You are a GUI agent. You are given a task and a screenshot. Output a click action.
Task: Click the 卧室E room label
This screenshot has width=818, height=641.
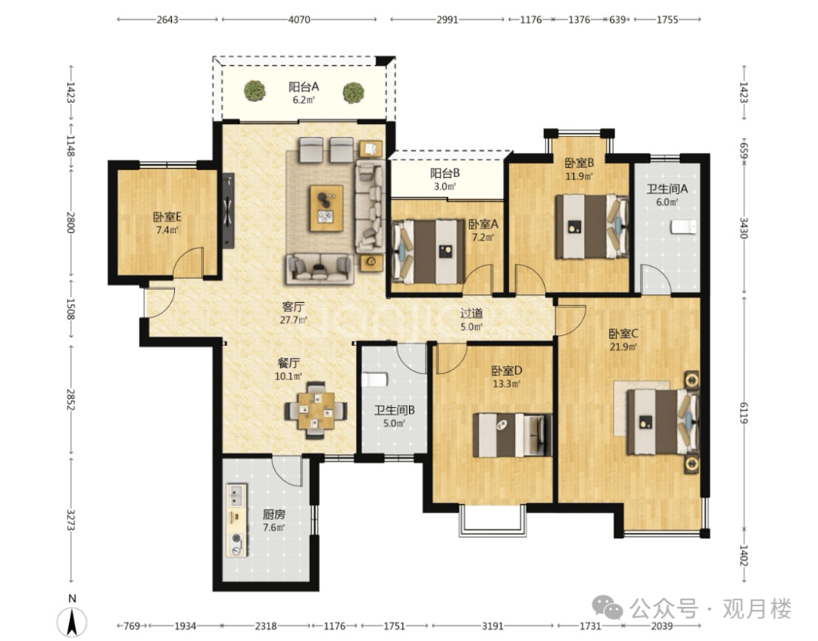(x=167, y=216)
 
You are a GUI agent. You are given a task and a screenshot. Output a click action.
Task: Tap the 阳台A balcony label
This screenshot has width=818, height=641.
(x=304, y=86)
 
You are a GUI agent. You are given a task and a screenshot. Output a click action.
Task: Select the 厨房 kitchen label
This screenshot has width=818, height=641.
(x=274, y=515)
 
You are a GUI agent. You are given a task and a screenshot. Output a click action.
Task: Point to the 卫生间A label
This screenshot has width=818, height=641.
(x=667, y=188)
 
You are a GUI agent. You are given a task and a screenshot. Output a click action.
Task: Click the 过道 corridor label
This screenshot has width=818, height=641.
(x=471, y=313)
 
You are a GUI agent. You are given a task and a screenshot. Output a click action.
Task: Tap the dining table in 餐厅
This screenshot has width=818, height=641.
(x=316, y=411)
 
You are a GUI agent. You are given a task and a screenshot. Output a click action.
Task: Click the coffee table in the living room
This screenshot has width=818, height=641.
(x=326, y=208)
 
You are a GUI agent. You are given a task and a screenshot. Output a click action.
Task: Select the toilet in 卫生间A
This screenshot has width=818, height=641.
(x=683, y=227)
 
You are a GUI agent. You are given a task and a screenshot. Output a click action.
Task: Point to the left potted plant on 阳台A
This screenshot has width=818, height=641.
(x=254, y=90)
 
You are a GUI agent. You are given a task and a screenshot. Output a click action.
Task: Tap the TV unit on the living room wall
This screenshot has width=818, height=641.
(x=228, y=210)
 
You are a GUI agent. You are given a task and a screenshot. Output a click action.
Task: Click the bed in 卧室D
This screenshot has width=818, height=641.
(x=512, y=435)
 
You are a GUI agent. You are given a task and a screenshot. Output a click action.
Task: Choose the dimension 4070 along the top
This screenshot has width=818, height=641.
(x=299, y=20)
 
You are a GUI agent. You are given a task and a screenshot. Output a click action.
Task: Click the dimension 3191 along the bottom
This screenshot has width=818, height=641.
(x=492, y=625)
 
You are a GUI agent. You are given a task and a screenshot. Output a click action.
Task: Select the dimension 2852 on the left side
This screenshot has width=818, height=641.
(x=71, y=399)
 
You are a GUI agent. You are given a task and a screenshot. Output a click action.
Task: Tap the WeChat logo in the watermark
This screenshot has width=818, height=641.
(x=607, y=608)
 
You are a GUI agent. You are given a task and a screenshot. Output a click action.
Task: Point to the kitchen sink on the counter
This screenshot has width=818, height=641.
(x=236, y=494)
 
